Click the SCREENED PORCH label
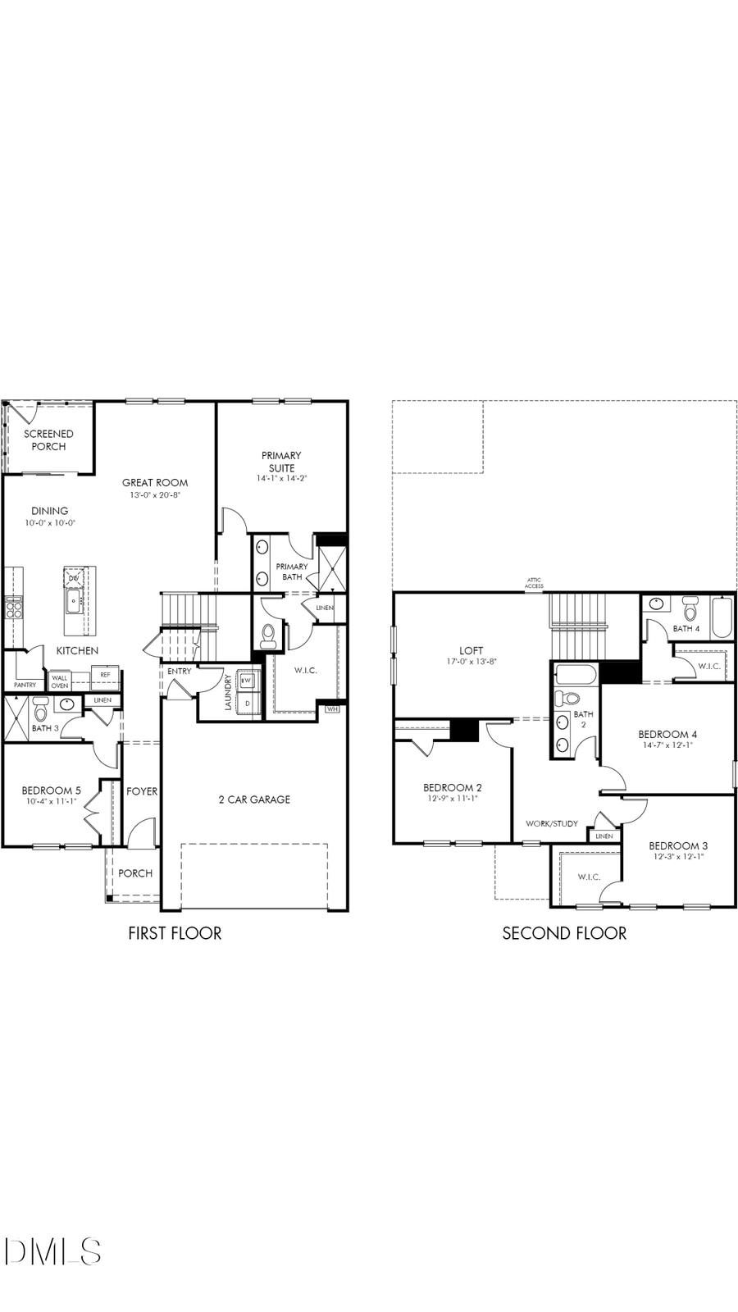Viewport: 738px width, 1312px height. coord(48,440)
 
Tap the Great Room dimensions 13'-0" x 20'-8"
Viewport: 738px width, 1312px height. coord(155,495)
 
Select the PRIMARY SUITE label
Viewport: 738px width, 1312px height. coord(281,462)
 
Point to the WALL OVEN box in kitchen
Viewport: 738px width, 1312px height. coord(60,681)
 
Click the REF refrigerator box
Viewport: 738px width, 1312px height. coord(105,675)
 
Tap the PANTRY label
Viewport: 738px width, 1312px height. coord(25,685)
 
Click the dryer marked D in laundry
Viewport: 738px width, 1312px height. coord(247,704)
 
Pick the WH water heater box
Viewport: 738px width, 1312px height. coord(332,708)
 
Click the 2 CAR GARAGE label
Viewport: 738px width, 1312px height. coord(254,799)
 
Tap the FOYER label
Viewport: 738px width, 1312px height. coord(142,791)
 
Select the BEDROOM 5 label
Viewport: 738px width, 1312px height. coord(51,790)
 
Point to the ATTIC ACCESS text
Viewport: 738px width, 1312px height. coord(534,584)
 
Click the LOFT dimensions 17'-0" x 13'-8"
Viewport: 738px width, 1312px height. coord(471,661)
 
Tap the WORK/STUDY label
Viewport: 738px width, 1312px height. coord(552,823)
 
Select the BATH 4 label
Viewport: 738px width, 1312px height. coord(686,629)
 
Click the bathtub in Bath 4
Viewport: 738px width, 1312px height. coord(722,618)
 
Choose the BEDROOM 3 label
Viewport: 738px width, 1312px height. coord(678,845)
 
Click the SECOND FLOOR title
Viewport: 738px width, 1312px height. coord(564,933)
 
